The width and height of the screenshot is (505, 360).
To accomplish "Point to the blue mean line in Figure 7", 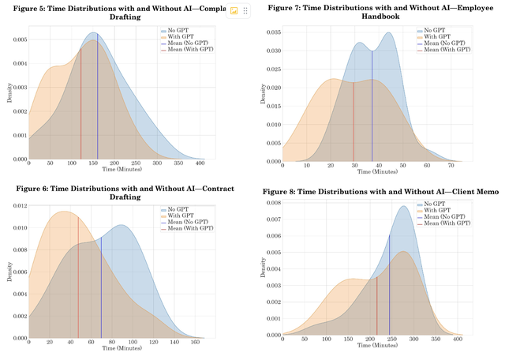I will [372, 118].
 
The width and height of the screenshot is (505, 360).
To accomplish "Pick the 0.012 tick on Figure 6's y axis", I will [17, 206].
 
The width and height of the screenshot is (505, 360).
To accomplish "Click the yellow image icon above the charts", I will [234, 11].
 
